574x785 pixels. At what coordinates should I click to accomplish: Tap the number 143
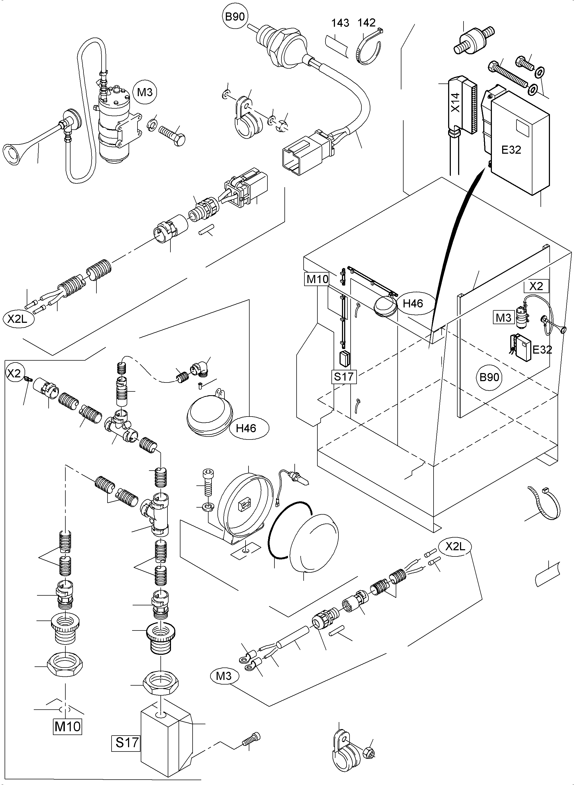[340, 23]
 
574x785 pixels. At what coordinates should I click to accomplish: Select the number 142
[367, 23]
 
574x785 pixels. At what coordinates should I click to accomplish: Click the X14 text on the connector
[455, 102]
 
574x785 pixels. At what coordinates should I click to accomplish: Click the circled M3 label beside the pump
[145, 92]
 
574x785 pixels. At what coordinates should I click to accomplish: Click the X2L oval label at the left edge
[17, 319]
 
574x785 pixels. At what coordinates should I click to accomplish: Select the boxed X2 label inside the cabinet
[536, 286]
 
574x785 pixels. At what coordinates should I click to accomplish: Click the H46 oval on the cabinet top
[413, 304]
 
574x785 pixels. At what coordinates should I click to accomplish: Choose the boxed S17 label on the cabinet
[344, 376]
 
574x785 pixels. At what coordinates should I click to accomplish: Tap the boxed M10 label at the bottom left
[68, 726]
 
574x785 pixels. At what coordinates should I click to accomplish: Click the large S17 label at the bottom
[127, 743]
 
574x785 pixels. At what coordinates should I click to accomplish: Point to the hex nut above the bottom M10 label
[65, 666]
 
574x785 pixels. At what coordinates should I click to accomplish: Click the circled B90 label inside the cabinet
[489, 377]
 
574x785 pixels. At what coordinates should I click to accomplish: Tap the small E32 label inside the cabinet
[542, 350]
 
